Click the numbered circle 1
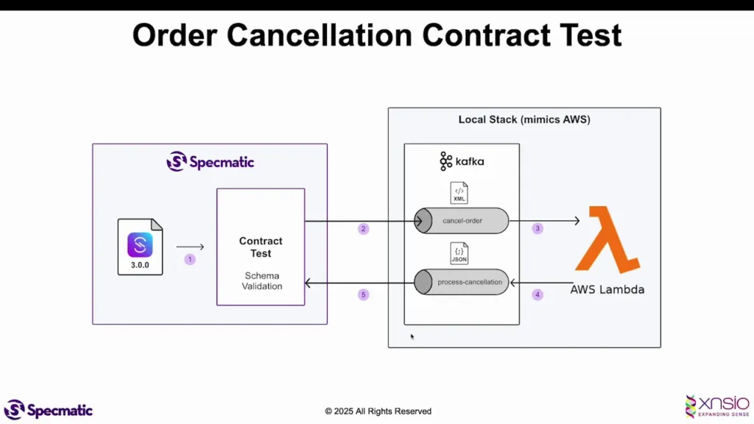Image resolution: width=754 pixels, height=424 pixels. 190,259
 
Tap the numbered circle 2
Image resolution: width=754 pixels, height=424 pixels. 363,229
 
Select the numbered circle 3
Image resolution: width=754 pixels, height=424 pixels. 538,229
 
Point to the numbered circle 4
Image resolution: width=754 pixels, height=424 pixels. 538,294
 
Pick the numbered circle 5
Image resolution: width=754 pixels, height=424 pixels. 363,294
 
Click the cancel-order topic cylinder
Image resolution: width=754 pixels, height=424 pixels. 462,221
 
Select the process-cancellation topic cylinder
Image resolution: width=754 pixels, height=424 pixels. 462,282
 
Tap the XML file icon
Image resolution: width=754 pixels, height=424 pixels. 459,193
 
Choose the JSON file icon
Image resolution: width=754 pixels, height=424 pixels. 459,254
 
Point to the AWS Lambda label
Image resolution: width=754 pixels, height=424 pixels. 607,289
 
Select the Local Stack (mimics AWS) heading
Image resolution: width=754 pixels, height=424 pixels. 524,119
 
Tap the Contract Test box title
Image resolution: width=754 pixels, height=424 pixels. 261,247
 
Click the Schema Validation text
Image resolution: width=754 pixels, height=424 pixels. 262,280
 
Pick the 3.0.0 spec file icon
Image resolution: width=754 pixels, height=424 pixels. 140,247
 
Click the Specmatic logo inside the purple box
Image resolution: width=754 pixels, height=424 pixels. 210,161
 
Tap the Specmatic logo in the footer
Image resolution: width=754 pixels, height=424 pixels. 49,409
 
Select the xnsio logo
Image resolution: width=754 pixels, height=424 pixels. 716,406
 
